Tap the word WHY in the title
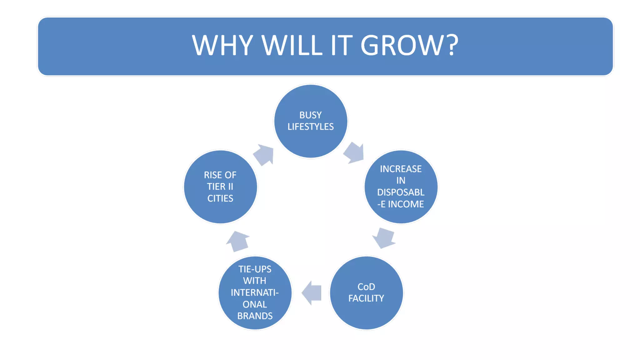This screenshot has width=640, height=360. coord(222,45)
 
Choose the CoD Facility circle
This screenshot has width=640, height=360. coord(366,312)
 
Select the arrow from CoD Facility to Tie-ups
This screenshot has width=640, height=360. coord(312,293)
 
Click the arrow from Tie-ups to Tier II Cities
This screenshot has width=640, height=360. coord(238,241)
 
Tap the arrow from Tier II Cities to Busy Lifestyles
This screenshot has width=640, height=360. coord(264,154)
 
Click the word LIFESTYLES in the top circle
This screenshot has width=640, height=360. coord(311,127)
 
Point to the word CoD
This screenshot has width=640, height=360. coord(366,287)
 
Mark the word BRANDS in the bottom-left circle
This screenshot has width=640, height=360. coord(255,316)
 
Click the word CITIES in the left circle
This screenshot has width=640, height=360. coord(220,198)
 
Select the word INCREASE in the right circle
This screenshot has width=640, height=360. coord(401,169)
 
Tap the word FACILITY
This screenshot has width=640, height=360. coord(366,298)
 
